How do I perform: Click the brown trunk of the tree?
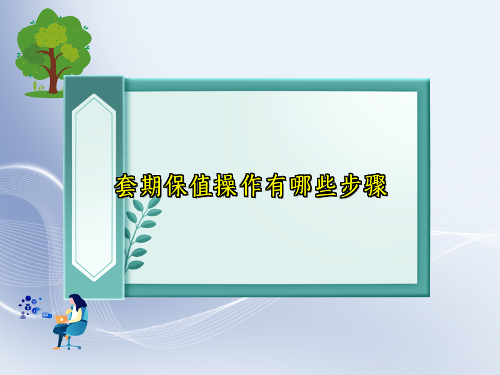click(53, 78)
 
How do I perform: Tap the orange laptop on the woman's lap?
click(61, 319)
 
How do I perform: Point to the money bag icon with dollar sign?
click(28, 307)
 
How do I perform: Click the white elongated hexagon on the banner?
click(94, 187)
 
